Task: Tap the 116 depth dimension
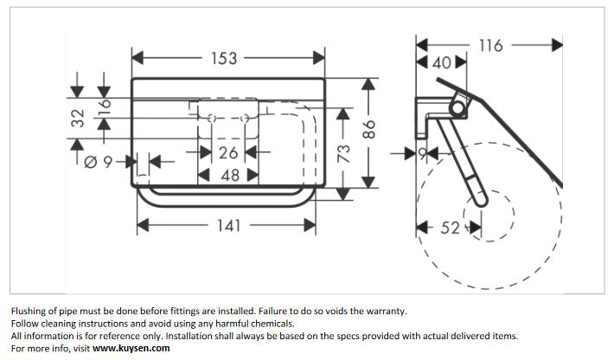click(490, 44)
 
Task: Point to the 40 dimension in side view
click(442, 63)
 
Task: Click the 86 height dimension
click(369, 131)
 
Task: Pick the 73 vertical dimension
click(343, 154)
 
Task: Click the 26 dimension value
click(228, 153)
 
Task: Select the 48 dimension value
click(228, 175)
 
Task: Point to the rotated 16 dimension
click(105, 108)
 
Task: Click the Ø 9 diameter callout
click(100, 161)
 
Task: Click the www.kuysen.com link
click(131, 348)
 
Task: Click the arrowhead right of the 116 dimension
click(557, 44)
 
